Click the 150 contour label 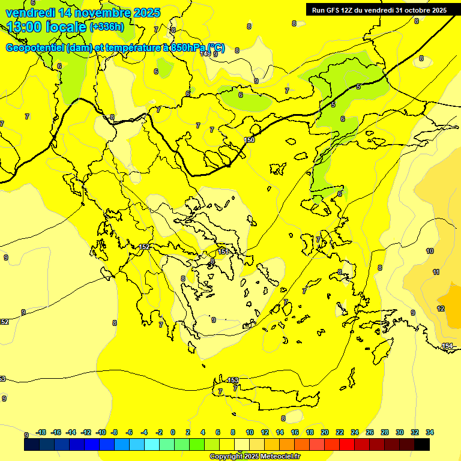tap(250, 140)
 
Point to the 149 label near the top tap(205, 53)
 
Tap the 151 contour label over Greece tap(222, 251)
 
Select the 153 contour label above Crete tap(233, 380)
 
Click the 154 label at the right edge tap(447, 346)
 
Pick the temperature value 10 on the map tap(430, 251)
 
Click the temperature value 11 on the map tap(436, 272)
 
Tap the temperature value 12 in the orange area tap(441, 309)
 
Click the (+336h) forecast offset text tap(107, 26)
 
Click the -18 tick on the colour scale tap(41, 432)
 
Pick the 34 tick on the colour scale tap(429, 432)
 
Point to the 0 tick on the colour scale tap(172, 432)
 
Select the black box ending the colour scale tap(422, 445)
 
